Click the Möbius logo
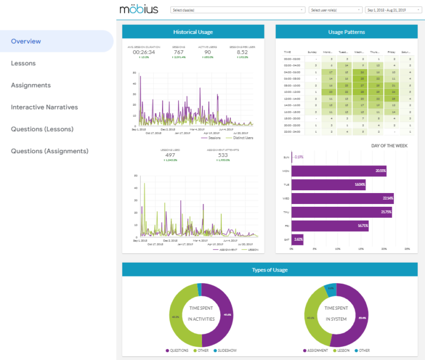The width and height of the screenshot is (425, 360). (x=138, y=9)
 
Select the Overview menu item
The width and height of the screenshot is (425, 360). (x=26, y=41)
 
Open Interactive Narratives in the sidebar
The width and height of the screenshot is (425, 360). (x=44, y=107)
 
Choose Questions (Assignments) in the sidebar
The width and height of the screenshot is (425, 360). (x=50, y=151)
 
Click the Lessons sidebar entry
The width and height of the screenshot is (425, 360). (x=23, y=64)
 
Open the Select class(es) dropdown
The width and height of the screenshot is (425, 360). (x=237, y=10)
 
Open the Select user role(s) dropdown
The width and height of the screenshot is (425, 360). (x=335, y=10)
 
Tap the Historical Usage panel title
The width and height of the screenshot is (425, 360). (x=193, y=32)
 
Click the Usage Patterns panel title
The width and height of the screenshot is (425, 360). (x=346, y=32)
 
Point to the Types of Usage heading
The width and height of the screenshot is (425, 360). (x=269, y=270)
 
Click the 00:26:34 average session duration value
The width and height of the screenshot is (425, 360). (x=143, y=52)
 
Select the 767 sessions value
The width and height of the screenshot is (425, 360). (x=178, y=52)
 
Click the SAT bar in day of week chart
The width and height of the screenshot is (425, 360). (x=297, y=239)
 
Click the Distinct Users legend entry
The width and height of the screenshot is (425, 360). (x=242, y=138)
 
